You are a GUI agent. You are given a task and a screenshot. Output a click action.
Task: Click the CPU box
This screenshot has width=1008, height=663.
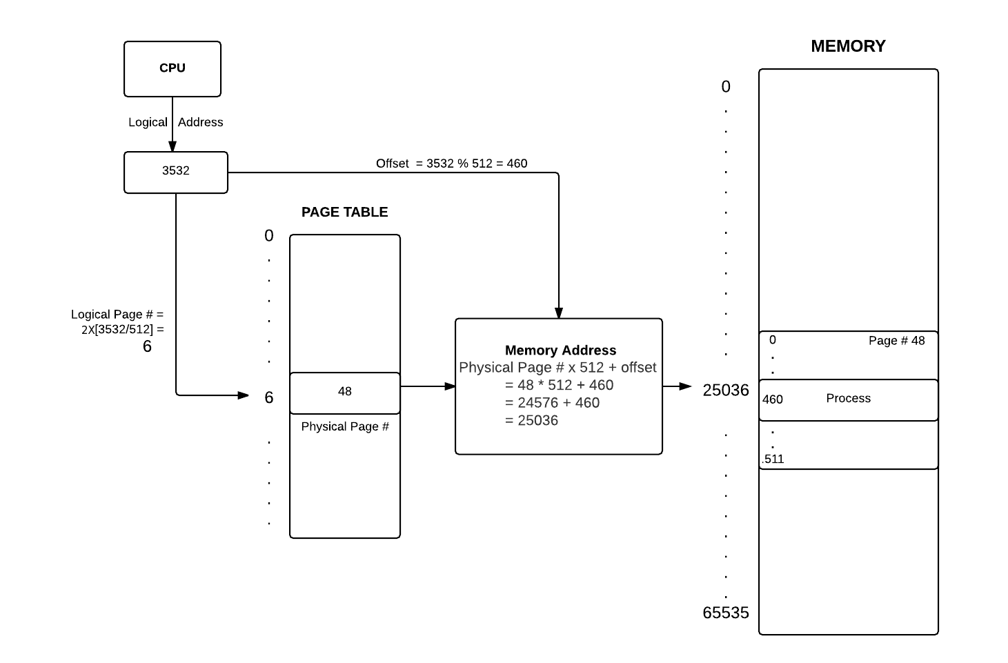tap(172, 68)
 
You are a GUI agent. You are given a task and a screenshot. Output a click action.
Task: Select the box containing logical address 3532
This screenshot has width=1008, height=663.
tap(175, 172)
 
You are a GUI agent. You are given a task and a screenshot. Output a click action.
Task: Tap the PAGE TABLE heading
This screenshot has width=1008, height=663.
tap(344, 212)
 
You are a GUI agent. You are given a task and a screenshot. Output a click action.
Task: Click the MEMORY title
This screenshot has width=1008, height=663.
tap(848, 46)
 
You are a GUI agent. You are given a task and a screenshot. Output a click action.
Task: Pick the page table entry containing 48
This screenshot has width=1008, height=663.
tap(344, 392)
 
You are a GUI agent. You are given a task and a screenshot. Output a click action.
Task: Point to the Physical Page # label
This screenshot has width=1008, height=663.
tap(344, 426)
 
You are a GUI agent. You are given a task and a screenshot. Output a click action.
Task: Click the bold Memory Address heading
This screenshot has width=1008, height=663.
tap(560, 350)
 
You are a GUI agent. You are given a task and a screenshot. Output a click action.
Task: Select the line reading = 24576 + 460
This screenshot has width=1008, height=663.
tap(552, 403)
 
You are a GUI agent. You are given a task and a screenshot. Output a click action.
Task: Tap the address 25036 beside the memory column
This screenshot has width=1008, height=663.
tap(725, 390)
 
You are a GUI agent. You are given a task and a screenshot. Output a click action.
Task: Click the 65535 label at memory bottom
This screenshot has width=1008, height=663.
tap(725, 613)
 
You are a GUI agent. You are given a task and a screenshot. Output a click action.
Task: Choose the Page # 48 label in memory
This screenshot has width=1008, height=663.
tap(896, 341)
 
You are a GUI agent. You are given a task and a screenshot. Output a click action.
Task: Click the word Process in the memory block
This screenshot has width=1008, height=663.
tap(848, 398)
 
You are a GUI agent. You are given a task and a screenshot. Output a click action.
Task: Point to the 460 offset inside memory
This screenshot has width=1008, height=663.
tap(772, 399)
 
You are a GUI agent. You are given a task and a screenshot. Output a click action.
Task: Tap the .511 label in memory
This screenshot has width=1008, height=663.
tap(773, 459)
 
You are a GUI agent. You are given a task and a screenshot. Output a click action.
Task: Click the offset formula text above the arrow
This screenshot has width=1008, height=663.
tap(451, 164)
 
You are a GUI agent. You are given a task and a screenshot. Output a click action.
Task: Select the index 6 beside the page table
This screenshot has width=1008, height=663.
tap(269, 397)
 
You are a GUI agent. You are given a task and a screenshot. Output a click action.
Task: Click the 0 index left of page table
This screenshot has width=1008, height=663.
tap(269, 236)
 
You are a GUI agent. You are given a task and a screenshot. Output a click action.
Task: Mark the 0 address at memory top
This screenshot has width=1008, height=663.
tap(725, 87)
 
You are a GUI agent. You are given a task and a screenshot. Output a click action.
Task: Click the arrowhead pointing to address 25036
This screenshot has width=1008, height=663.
tap(685, 386)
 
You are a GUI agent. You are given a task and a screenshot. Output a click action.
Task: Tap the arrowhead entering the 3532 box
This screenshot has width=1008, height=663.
tap(172, 146)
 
